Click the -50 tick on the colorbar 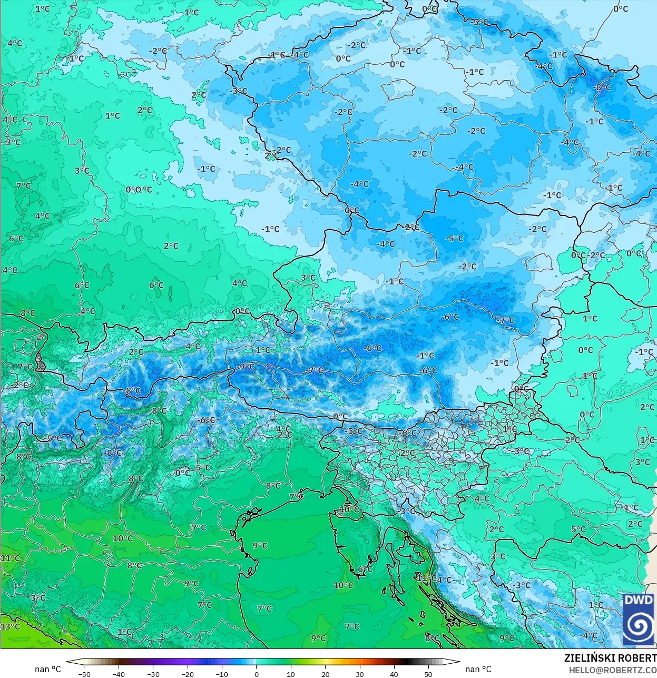tap(84, 674)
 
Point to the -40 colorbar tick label tap(119, 674)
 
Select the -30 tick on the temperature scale tap(153, 674)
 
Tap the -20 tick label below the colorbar tap(187, 674)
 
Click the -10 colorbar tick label tap(222, 674)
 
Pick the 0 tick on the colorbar tap(257, 674)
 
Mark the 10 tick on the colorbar tap(291, 674)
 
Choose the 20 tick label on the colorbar tap(325, 674)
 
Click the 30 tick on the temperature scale tap(359, 674)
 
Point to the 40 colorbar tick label tap(394, 674)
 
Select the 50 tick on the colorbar tap(428, 674)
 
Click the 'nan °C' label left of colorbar tap(48, 669)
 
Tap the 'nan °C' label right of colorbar tap(478, 669)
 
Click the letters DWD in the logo tap(639, 600)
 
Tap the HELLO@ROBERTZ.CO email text tap(613, 670)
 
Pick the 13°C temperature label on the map tap(10, 626)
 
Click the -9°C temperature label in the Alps tap(245, 367)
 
